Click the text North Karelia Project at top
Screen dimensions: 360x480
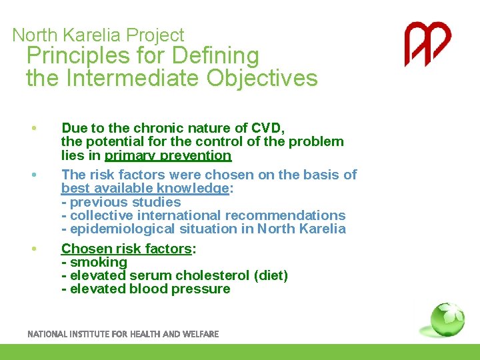pos(98,35)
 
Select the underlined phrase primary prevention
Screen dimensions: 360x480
pos(168,155)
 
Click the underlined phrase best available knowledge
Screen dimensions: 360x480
pos(145,188)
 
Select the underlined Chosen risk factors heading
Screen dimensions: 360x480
pos(127,249)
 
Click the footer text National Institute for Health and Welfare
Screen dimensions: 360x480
pos(123,334)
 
